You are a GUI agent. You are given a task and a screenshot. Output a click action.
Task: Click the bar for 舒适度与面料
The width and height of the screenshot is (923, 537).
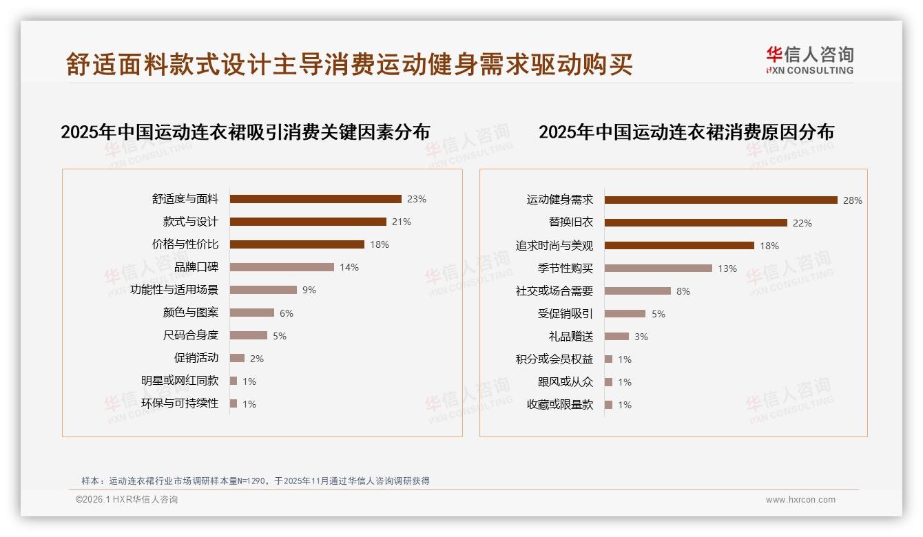tap(315, 199)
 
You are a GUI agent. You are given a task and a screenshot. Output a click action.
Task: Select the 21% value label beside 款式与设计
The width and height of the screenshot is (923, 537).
tap(401, 222)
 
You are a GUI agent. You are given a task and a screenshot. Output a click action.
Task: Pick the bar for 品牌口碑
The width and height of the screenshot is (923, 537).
tap(282, 267)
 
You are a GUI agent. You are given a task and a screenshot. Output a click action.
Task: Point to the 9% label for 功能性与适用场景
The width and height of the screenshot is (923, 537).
tap(309, 290)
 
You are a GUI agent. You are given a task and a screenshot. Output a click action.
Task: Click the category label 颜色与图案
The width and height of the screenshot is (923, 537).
tap(190, 313)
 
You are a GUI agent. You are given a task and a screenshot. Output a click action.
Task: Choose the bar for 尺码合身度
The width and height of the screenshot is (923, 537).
tap(248, 335)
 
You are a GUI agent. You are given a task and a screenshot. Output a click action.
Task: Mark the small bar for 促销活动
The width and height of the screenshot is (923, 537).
tap(237, 358)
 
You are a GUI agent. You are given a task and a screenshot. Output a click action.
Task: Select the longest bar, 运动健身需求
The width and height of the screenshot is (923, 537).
tap(720, 200)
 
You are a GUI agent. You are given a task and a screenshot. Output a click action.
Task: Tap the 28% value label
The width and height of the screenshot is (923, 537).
tap(852, 200)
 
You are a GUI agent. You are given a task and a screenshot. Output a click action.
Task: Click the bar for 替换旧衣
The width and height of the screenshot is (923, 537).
tap(696, 222)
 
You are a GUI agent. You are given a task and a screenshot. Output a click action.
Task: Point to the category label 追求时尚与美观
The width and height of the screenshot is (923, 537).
tap(554, 246)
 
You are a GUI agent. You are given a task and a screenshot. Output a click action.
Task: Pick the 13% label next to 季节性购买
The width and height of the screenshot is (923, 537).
tap(727, 268)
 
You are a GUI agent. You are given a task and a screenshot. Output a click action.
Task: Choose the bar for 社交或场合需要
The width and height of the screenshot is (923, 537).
tap(637, 291)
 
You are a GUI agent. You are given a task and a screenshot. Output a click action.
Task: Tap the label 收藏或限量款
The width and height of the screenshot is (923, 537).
tap(559, 405)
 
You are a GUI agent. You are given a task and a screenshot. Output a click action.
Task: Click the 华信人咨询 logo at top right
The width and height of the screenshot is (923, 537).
tap(809, 60)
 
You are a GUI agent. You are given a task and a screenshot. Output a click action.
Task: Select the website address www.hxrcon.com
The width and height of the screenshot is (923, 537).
tap(800, 500)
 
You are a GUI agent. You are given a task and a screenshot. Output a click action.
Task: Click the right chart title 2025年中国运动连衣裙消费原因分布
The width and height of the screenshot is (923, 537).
tap(686, 131)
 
